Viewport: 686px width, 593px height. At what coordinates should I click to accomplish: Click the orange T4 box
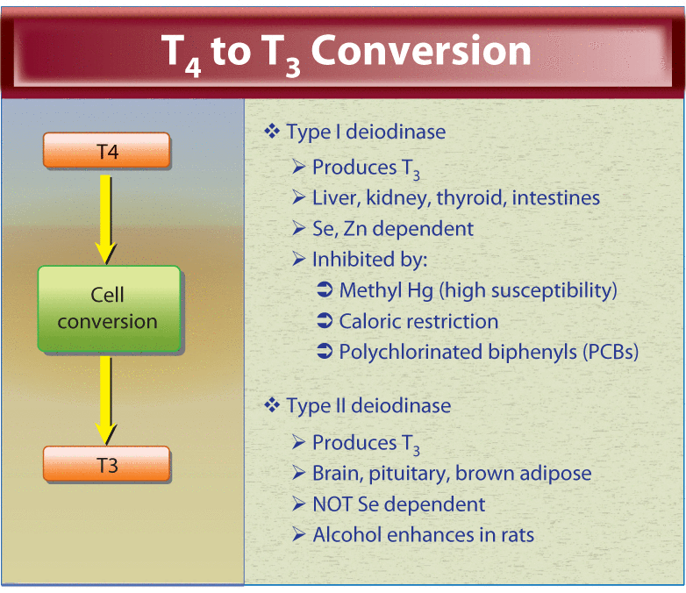tap(106, 151)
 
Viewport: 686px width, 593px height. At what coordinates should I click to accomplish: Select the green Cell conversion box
tap(109, 309)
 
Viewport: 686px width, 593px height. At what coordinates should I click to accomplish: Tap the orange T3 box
tap(106, 464)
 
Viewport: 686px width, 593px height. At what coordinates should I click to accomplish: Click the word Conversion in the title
tap(420, 52)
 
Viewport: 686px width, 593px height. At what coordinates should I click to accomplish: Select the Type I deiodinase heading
tap(365, 132)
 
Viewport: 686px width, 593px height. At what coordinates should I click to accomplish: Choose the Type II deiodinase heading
tap(368, 405)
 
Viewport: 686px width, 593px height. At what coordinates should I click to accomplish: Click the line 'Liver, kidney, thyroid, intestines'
tap(455, 197)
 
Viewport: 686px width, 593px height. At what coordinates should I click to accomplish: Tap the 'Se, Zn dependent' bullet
tap(392, 229)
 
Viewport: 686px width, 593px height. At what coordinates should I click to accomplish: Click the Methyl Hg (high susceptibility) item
tap(478, 290)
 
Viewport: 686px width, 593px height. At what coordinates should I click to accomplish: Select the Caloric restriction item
tap(418, 321)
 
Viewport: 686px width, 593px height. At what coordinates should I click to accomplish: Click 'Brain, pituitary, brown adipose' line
tap(451, 474)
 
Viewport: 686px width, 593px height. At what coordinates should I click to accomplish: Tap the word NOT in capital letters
tap(333, 504)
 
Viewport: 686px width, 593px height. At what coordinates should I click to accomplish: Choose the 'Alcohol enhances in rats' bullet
tap(423, 534)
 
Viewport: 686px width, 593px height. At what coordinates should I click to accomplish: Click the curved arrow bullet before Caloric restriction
tap(324, 321)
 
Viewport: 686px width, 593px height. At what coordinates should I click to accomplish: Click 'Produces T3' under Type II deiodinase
tap(365, 443)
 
